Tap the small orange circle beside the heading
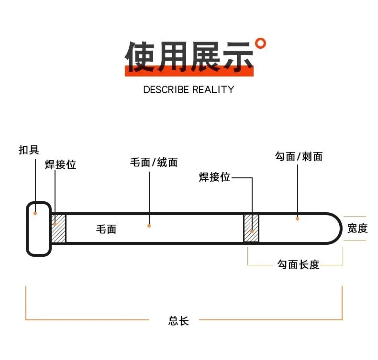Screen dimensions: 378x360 click(x=260, y=44)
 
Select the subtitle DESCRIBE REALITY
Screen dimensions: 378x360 click(x=189, y=89)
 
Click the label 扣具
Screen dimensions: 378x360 click(x=29, y=150)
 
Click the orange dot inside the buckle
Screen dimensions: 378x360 click(x=35, y=213)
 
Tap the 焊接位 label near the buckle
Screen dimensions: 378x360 click(x=60, y=164)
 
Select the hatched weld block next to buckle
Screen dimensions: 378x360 click(x=58, y=229)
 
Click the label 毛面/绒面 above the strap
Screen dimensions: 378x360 click(x=154, y=162)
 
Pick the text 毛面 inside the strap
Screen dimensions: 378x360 click(x=106, y=229)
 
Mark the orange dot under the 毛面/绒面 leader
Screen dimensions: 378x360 click(x=149, y=226)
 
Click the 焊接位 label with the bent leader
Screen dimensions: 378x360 click(x=215, y=177)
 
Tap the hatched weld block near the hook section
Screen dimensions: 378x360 click(x=251, y=229)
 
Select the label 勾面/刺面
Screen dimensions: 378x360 click(x=299, y=156)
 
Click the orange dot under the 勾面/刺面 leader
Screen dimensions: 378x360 click(x=297, y=218)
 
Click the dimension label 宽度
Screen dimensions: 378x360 click(x=357, y=229)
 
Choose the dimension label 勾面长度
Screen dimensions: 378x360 click(x=298, y=264)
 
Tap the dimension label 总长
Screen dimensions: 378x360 click(x=178, y=321)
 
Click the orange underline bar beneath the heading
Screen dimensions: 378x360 click(x=189, y=73)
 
